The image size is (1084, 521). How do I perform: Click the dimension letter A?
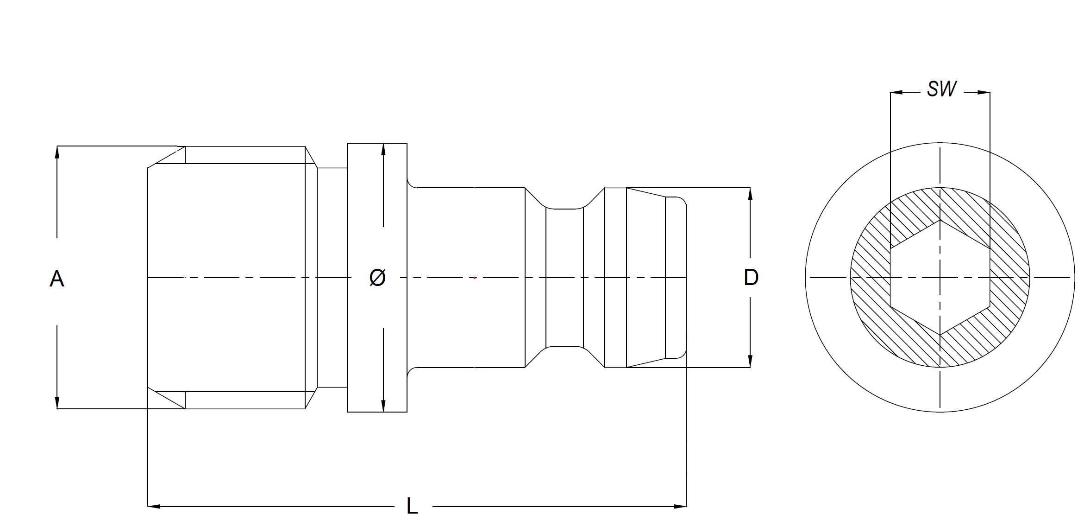[x=56, y=279]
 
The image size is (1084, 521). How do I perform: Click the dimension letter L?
[x=412, y=506]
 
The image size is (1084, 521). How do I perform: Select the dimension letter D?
[x=751, y=277]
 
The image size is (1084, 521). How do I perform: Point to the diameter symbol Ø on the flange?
[x=377, y=278]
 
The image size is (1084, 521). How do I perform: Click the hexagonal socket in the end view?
[x=940, y=277]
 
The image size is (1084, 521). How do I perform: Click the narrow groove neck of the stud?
[x=564, y=277]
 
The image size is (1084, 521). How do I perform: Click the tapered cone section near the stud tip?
[x=645, y=277]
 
